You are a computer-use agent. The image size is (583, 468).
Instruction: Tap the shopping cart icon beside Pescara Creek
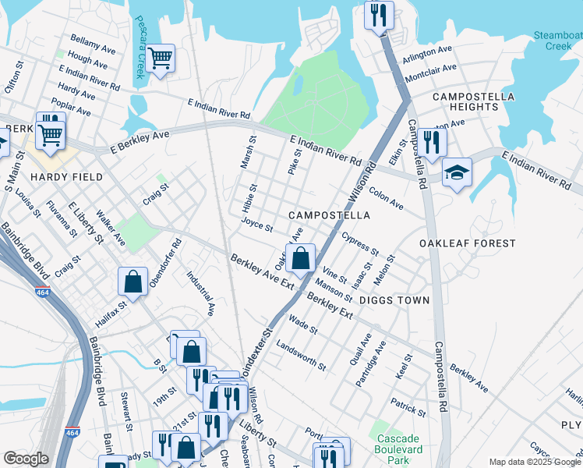[160, 58]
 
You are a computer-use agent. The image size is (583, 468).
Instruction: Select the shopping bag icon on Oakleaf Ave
[300, 257]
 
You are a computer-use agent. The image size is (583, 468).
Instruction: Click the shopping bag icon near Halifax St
[133, 282]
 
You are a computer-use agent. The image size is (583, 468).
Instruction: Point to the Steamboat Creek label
[557, 41]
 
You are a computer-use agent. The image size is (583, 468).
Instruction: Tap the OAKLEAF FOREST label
[467, 243]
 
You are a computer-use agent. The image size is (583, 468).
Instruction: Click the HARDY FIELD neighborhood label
[66, 177]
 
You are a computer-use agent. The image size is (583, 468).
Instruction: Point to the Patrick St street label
[407, 408]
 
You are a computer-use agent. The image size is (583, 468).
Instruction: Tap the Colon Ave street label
[386, 197]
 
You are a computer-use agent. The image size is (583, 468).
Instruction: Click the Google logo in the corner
[26, 459]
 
